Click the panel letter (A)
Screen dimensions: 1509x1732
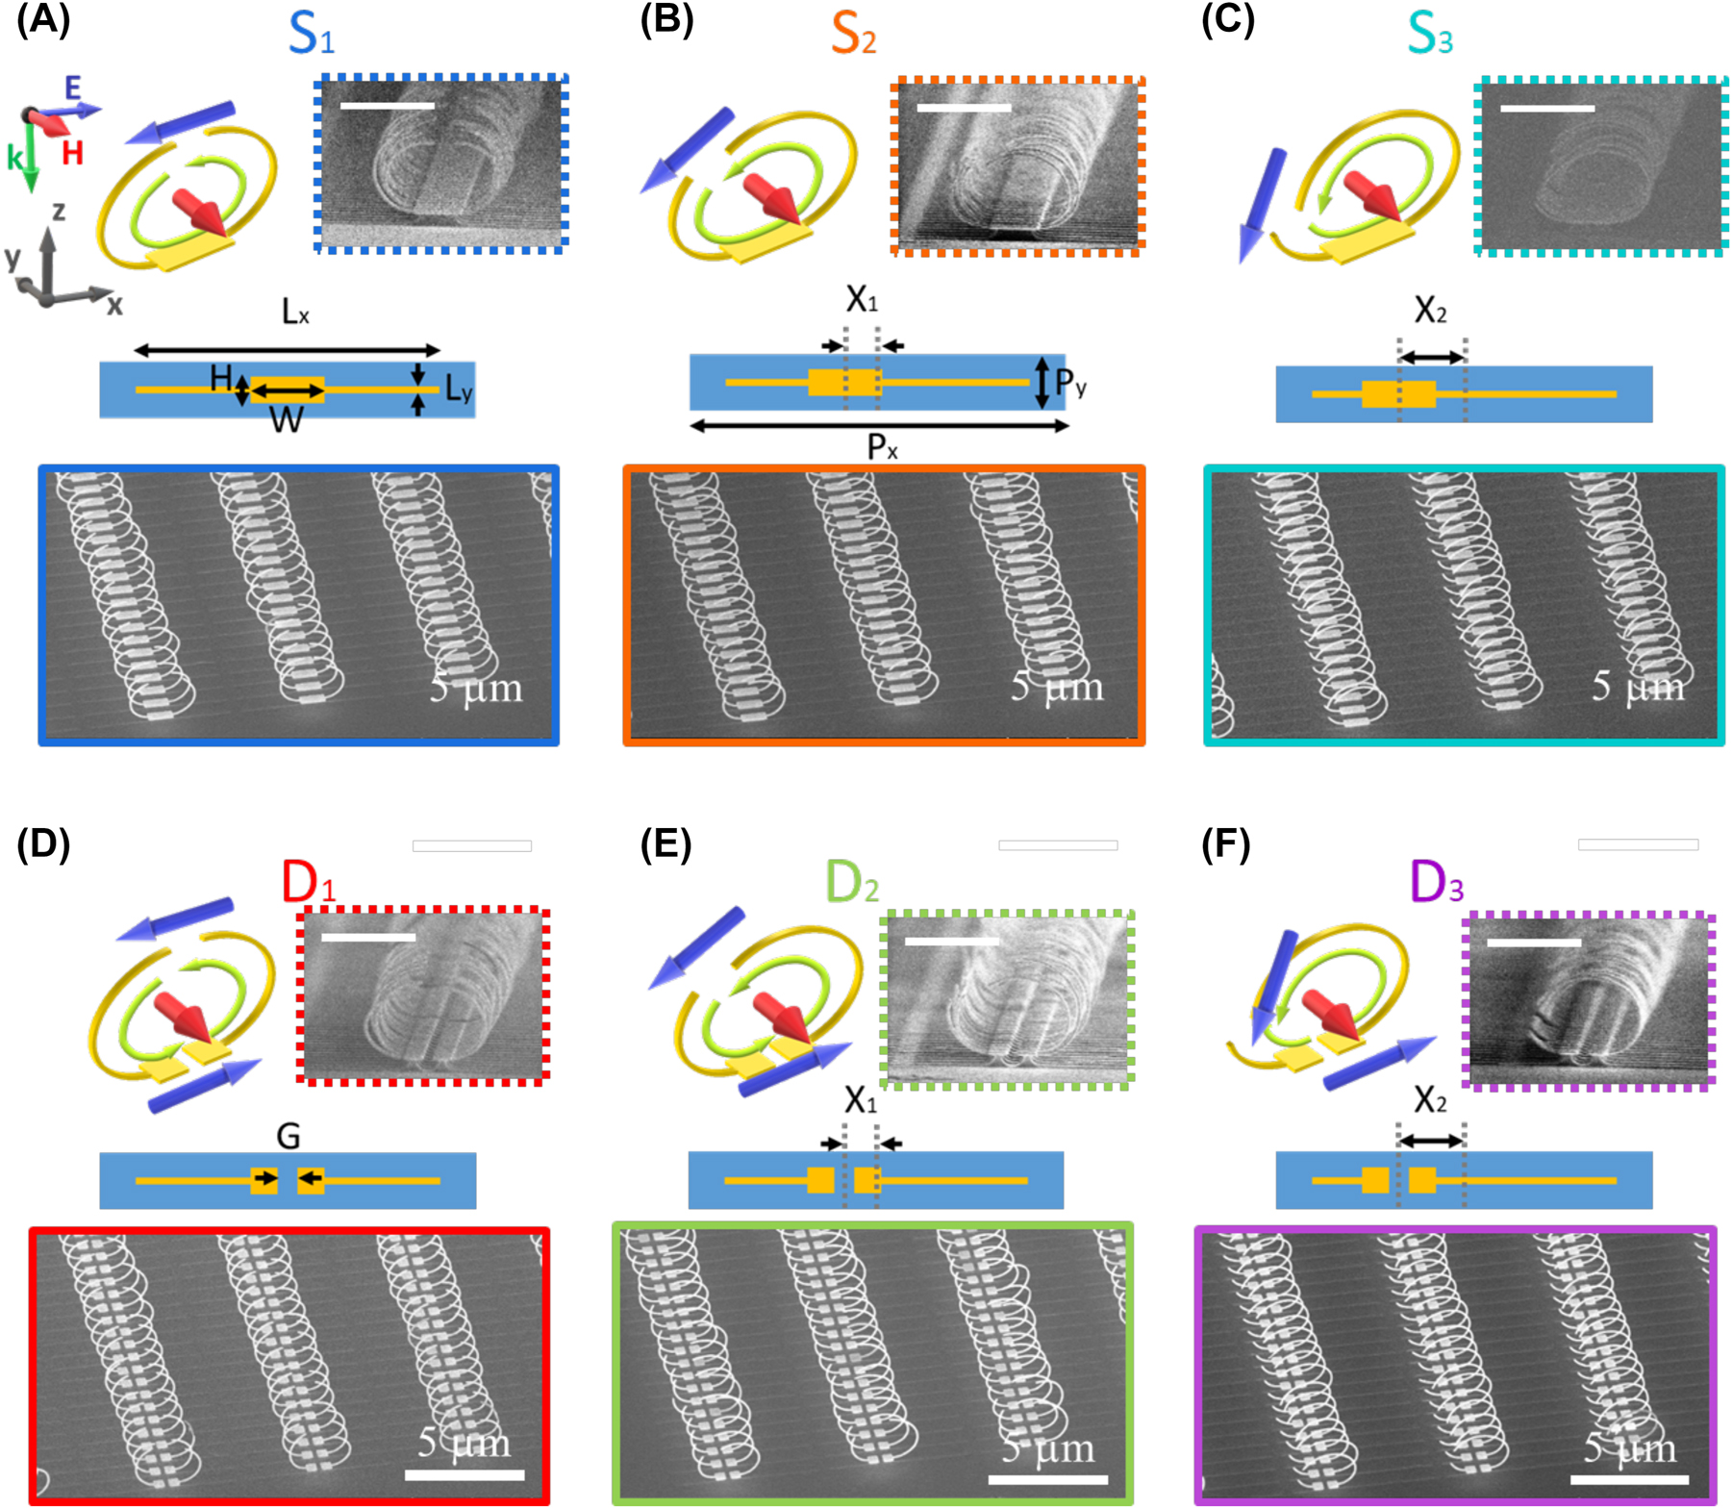(43, 21)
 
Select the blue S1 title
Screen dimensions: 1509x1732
(311, 34)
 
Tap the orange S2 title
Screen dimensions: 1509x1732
(853, 34)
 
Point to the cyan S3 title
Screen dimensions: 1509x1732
(1429, 34)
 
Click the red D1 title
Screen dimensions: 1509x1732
(308, 881)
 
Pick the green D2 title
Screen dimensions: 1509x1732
(852, 881)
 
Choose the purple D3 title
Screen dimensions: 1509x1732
(1436, 881)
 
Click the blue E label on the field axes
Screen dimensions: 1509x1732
(73, 88)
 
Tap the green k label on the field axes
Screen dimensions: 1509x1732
(14, 157)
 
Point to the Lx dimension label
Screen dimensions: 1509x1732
(294, 312)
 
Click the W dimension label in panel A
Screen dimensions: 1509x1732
(286, 419)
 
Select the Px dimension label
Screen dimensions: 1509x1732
(882, 446)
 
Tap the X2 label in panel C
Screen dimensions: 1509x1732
(1430, 310)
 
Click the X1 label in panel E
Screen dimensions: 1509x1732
(861, 1099)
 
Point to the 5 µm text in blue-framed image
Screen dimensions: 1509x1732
(476, 689)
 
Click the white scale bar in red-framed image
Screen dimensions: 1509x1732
(464, 1474)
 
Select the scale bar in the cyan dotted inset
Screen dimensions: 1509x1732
(1546, 109)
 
